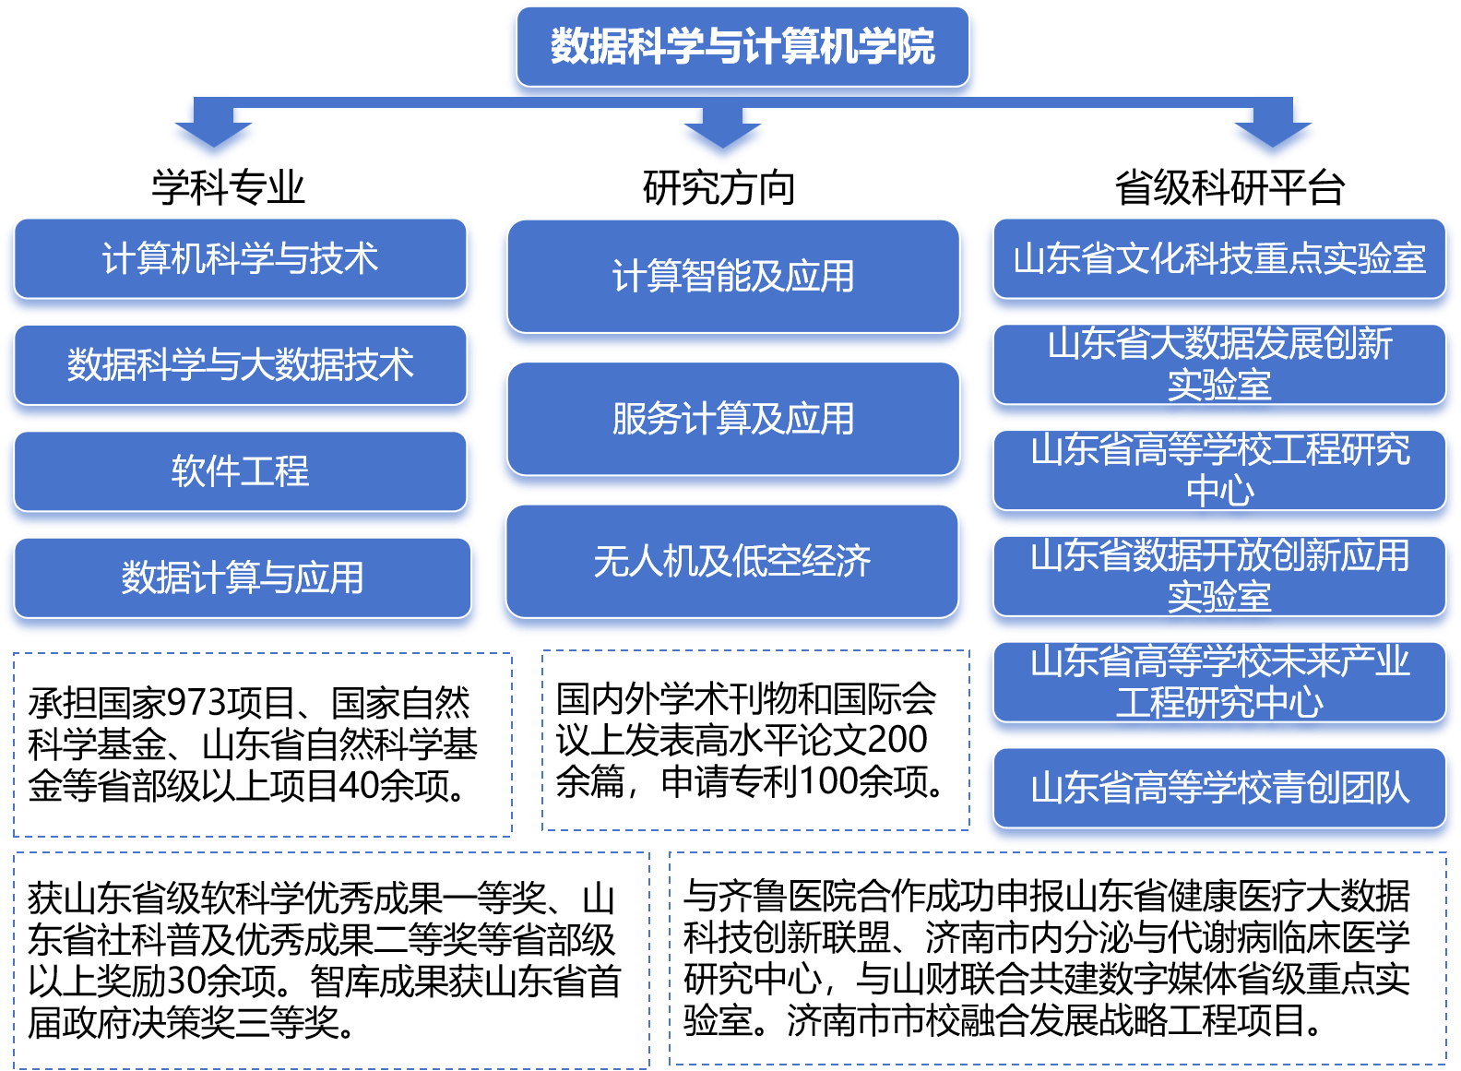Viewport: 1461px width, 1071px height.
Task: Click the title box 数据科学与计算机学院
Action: [742, 47]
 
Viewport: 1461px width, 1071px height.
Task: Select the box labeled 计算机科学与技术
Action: [240, 259]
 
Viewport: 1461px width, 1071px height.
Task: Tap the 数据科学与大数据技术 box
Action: [240, 365]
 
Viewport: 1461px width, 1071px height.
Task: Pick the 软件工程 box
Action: [240, 471]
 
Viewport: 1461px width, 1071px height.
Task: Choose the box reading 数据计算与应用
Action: [242, 578]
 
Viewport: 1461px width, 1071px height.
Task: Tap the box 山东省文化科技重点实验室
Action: [1219, 259]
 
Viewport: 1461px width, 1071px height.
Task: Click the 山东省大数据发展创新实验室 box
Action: [1219, 364]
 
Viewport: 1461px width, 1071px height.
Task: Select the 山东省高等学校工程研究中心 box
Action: [1219, 470]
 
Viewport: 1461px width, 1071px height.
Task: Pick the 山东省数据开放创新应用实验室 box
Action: [1219, 577]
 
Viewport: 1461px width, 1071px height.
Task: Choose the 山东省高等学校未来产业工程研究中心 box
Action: [1219, 683]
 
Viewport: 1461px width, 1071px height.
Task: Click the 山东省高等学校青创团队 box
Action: [1219, 789]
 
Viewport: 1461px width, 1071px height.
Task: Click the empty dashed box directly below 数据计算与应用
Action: [262, 744]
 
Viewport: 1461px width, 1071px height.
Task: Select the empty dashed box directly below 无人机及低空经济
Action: [755, 740]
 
